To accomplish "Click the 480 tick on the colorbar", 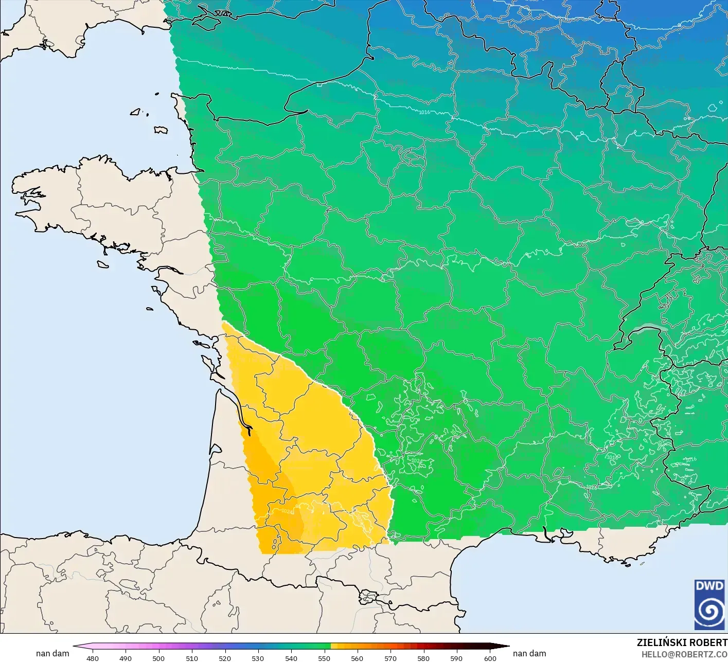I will [x=93, y=658].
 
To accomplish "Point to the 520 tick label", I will [x=225, y=658].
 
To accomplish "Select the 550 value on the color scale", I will [x=324, y=658].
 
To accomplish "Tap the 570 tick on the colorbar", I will [x=390, y=658].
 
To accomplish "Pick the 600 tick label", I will [x=490, y=658].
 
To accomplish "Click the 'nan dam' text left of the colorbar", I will [x=52, y=653].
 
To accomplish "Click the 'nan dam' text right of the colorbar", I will [x=529, y=653].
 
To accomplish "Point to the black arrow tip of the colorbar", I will [x=507, y=646].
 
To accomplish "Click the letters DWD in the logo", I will [x=709, y=586].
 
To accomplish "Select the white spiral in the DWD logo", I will [x=709, y=611].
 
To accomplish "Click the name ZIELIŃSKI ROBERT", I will [x=682, y=642].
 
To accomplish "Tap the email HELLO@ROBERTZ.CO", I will [x=684, y=654].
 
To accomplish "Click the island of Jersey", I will [x=161, y=130].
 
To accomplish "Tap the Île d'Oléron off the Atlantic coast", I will [x=207, y=364].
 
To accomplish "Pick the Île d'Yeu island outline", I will [x=149, y=309].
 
